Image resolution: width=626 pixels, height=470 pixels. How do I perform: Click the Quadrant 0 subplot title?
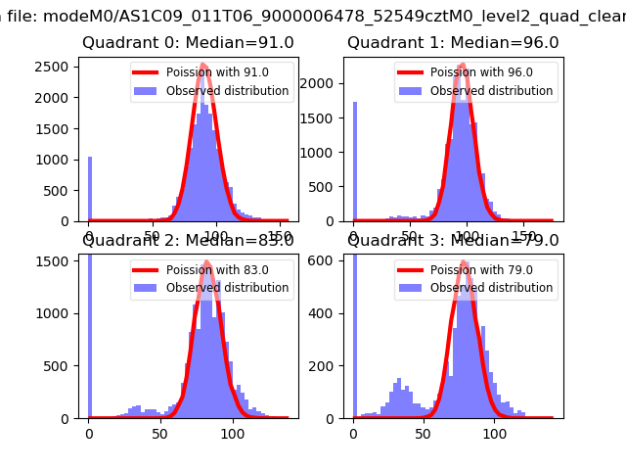coord(188,43)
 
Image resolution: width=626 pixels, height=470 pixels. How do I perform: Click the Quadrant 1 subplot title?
coord(453,43)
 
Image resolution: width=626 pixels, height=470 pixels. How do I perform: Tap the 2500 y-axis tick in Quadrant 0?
coord(56,66)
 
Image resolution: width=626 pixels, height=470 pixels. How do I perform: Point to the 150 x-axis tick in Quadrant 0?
coord(278,236)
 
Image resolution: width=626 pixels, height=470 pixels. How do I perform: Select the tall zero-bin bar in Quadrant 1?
coord(354,162)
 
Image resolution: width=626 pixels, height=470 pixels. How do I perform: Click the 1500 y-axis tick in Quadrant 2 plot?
coord(56,261)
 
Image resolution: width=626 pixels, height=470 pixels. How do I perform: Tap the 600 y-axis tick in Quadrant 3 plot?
coord(324,259)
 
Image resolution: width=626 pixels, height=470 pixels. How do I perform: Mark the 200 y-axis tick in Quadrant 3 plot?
coord(324,365)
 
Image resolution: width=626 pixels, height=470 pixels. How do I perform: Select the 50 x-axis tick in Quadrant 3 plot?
coord(424,433)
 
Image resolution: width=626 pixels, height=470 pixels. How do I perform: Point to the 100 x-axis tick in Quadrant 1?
coord(468,236)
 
